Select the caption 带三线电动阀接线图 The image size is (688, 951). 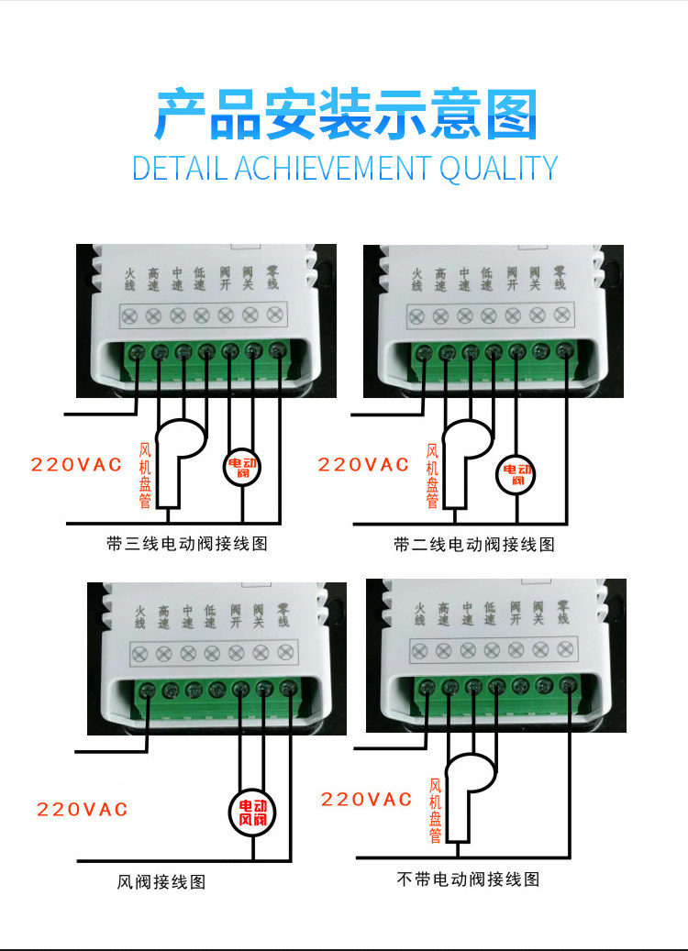(187, 544)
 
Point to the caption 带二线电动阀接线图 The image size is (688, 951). (474, 545)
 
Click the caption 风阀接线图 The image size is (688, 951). (161, 882)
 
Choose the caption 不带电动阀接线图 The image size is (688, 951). (468, 879)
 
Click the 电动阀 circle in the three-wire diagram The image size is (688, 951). (243, 468)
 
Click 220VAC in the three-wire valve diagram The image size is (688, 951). (76, 465)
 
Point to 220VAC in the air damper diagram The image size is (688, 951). (83, 810)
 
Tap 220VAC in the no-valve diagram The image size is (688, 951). (366, 800)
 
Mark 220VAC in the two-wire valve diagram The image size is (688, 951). (363, 465)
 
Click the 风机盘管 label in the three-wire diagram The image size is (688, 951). (144, 475)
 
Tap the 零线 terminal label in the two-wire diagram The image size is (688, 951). (560, 278)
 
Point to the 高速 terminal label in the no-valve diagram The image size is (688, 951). (442, 614)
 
